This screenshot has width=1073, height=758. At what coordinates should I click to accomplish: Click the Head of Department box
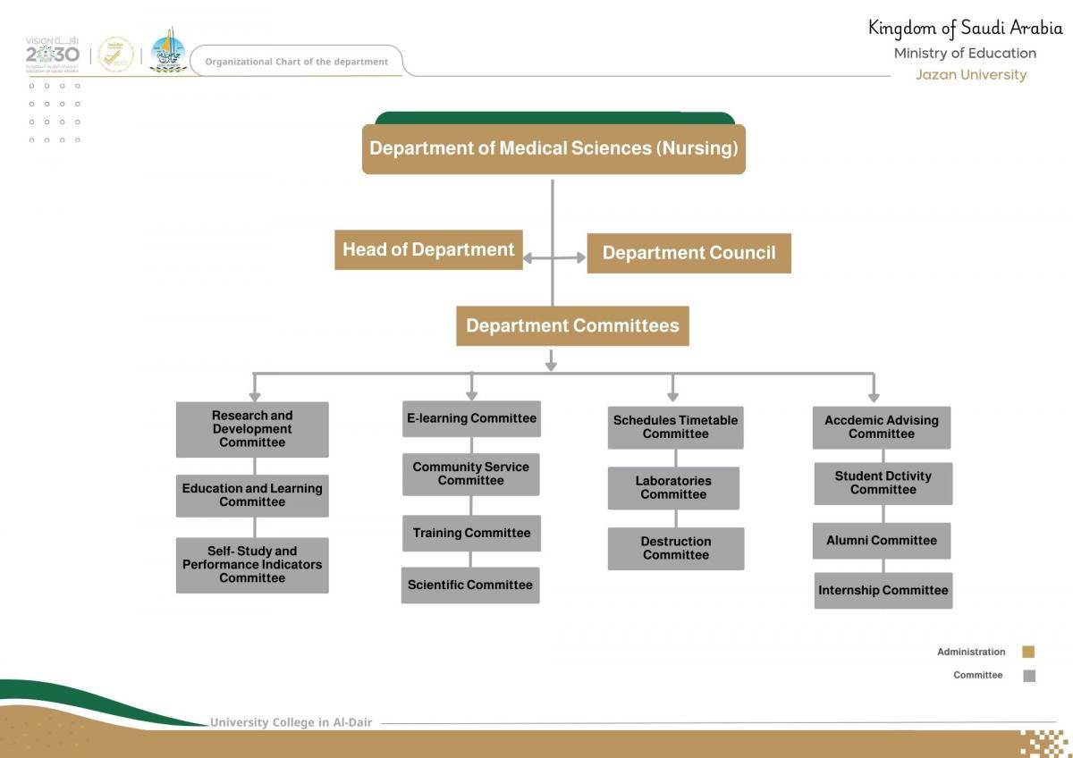(x=428, y=249)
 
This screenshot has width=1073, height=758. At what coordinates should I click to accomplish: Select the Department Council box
(x=689, y=253)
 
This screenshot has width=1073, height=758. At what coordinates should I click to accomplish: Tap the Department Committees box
(x=572, y=325)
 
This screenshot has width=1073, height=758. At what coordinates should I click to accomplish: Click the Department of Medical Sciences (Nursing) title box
(x=553, y=148)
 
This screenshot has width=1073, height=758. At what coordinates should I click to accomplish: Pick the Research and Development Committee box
(x=252, y=429)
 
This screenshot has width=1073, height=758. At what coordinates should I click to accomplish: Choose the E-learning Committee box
(x=471, y=418)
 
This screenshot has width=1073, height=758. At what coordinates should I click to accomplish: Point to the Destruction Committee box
(x=676, y=548)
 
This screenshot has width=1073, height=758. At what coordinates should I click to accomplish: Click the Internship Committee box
(x=883, y=590)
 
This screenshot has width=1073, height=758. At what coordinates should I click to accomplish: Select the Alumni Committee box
(x=882, y=540)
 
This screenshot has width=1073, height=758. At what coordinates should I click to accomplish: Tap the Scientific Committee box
(x=470, y=585)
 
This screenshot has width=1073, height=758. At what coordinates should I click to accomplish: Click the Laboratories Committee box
(x=673, y=487)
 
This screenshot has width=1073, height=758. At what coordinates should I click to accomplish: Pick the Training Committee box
(x=471, y=533)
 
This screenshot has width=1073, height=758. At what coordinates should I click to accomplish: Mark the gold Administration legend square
(x=1028, y=652)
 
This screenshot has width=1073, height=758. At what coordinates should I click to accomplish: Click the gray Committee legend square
(x=1028, y=676)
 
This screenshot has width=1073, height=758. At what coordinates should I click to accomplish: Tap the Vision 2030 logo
(x=53, y=54)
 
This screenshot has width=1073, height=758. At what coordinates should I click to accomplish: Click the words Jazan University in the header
(x=970, y=75)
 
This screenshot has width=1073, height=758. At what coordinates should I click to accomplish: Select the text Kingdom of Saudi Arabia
(x=965, y=29)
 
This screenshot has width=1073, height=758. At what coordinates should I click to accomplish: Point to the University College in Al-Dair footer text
(x=291, y=722)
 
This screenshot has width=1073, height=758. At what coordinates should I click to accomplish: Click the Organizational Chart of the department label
(x=296, y=62)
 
